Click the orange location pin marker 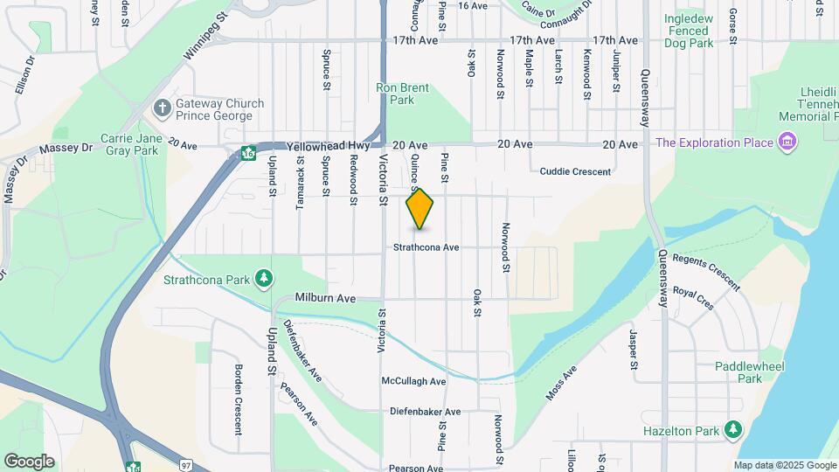point(420,209)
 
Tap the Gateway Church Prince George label point(219,110)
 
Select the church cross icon point(161,108)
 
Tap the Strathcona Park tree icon point(263,279)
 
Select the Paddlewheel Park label point(738,372)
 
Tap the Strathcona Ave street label point(426,247)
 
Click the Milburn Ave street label point(325,298)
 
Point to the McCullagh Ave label point(413,381)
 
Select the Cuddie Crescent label point(575,171)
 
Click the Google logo point(29,461)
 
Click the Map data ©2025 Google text point(784,465)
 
